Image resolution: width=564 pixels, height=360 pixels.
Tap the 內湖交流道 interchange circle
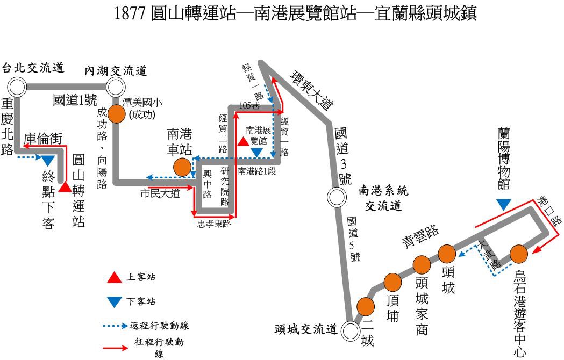[116, 86]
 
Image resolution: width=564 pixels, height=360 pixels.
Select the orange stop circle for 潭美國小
[117, 113]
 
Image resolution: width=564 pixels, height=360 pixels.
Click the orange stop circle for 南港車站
[182, 167]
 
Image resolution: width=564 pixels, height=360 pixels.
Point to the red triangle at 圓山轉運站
[66, 186]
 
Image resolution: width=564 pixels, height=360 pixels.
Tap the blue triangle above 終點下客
[47, 161]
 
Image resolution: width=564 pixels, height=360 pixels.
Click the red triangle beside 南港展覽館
[243, 141]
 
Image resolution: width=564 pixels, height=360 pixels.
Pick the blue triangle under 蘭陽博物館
[504, 204]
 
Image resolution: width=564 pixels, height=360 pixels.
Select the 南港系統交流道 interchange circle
[337, 197]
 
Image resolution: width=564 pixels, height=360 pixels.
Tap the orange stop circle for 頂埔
[394, 282]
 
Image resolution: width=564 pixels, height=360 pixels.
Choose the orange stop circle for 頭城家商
[422, 264]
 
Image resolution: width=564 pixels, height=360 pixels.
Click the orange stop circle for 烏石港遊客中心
[518, 253]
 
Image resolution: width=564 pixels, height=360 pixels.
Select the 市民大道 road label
[160, 194]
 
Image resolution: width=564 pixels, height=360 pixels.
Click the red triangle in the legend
[115, 278]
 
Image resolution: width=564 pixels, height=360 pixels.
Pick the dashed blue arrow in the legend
[116, 326]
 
